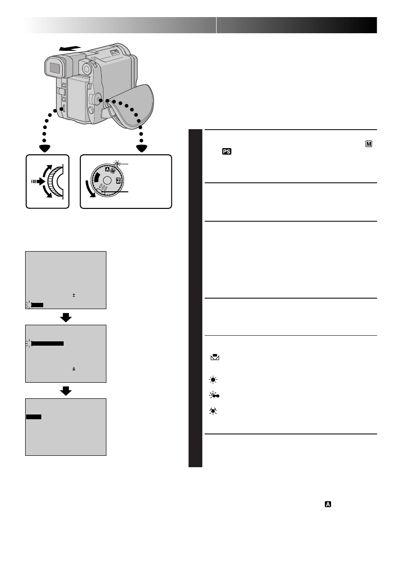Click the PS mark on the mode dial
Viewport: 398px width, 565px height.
[120, 181]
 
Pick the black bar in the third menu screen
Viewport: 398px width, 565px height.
[33, 416]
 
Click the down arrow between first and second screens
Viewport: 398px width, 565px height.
[66, 318]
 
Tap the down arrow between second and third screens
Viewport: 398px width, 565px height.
[66, 391]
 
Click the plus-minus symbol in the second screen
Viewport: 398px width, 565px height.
[74, 368]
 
